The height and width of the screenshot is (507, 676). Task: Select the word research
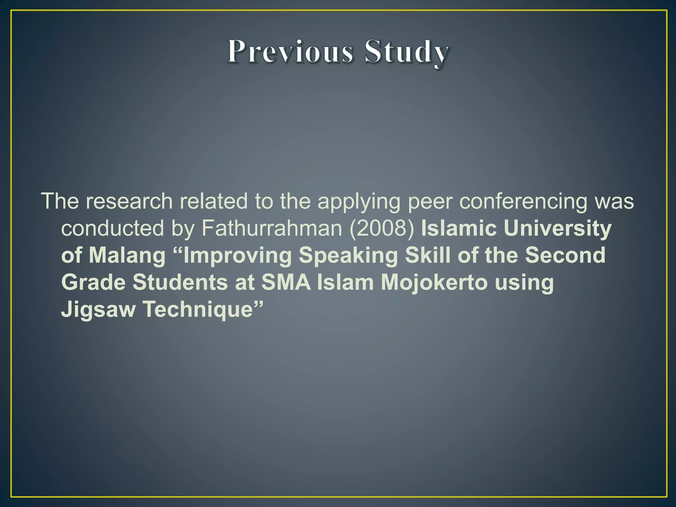(x=129, y=201)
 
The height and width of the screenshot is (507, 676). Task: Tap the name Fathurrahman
(x=272, y=228)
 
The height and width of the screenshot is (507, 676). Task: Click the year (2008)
(x=382, y=228)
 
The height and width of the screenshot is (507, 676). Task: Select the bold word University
(x=558, y=228)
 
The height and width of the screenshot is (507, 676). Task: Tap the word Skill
(x=427, y=255)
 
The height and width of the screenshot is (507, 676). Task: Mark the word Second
(x=565, y=255)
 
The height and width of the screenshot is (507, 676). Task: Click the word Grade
(x=93, y=283)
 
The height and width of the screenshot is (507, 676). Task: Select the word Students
(x=180, y=283)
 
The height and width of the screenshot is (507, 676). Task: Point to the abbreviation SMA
(x=286, y=283)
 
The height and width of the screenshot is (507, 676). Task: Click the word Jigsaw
(x=98, y=310)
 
